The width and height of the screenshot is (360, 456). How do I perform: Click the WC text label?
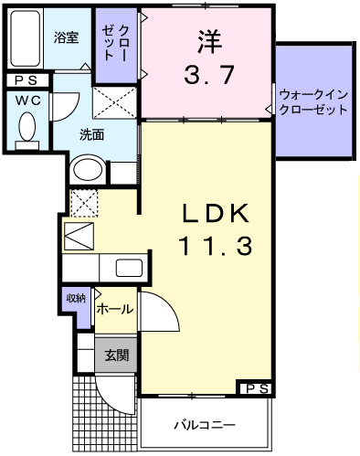click(25, 98)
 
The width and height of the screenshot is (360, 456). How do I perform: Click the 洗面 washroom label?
click(91, 135)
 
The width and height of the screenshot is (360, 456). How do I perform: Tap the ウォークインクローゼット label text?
click(313, 101)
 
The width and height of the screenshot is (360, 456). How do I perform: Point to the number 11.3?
click(215, 245)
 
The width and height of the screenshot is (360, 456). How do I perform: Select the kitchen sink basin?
click(128, 269)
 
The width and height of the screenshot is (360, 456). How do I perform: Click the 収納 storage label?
click(75, 299)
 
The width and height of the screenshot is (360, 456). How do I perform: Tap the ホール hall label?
click(113, 309)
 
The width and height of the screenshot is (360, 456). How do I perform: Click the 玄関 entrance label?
click(115, 354)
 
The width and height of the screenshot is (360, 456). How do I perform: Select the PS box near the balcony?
click(255, 388)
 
